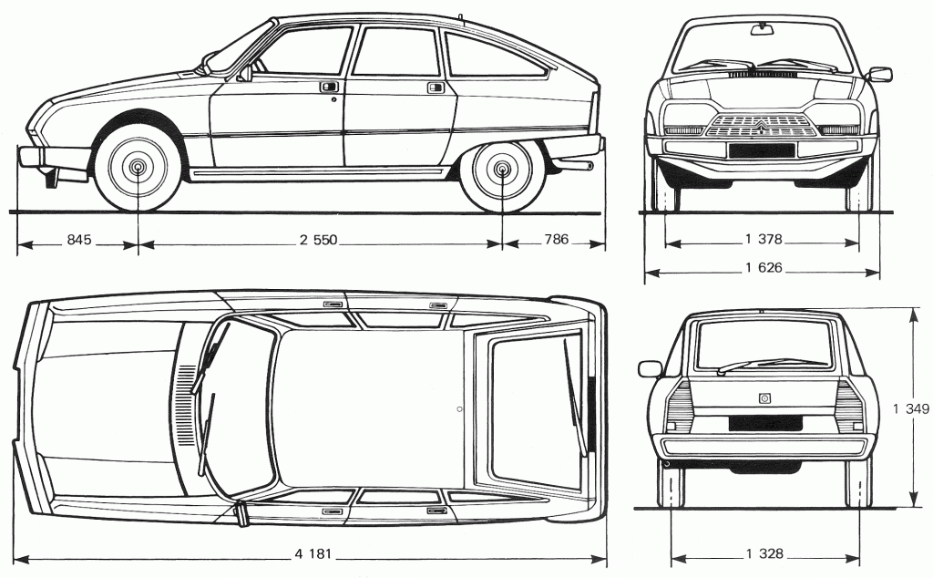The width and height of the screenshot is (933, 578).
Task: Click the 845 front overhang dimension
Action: (x=79, y=241)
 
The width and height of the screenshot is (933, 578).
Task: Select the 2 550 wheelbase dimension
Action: (x=318, y=241)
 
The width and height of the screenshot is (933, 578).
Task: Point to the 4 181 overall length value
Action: (x=313, y=553)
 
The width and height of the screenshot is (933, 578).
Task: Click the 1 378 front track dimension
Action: (x=764, y=240)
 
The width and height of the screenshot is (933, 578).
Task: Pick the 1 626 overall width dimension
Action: (x=764, y=269)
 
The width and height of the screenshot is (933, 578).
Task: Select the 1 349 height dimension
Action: (x=917, y=409)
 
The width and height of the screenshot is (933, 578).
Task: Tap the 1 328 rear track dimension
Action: (x=764, y=553)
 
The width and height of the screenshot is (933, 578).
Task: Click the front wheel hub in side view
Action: (x=138, y=168)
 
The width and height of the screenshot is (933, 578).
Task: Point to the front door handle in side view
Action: (x=327, y=87)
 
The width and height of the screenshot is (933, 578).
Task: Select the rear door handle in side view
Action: (x=436, y=87)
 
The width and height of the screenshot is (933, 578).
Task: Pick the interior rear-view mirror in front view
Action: (x=760, y=30)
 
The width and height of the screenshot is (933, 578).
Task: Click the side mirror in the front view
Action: (x=880, y=74)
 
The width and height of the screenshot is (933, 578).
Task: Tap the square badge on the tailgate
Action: (x=764, y=397)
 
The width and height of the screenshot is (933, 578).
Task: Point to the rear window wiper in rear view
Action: (x=756, y=366)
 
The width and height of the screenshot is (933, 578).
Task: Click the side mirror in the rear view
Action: (x=650, y=368)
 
